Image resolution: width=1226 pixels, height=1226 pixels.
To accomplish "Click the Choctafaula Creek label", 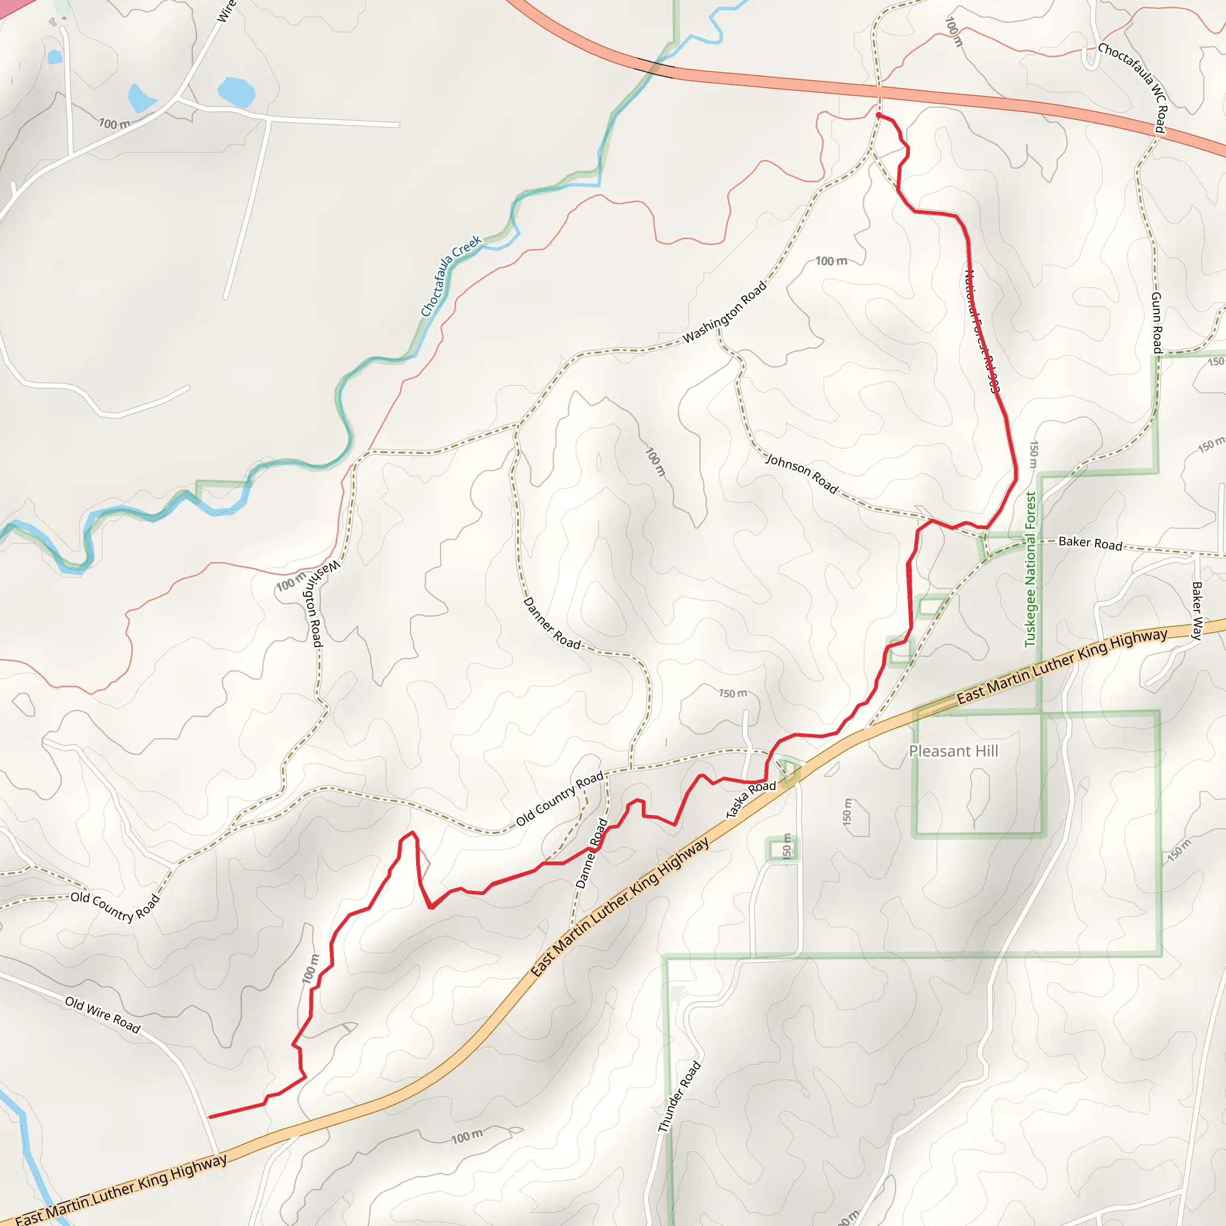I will pyautogui.click(x=451, y=276).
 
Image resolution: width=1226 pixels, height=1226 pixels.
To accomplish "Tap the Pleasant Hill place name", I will pyautogui.click(x=953, y=751).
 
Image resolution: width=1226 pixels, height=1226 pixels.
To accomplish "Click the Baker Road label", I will pyautogui.click(x=1090, y=543).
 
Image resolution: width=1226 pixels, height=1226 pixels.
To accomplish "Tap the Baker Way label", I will pyautogui.click(x=1197, y=611).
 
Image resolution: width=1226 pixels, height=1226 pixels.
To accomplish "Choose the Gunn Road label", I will pyautogui.click(x=1157, y=323).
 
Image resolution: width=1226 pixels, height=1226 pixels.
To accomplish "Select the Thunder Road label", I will pyautogui.click(x=679, y=1096).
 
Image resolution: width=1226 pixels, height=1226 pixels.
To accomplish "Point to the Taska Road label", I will pyautogui.click(x=751, y=799).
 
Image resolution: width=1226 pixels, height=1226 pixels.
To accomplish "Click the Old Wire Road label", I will pyautogui.click(x=103, y=1014).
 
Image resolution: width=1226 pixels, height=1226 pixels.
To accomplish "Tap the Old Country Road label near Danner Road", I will pyautogui.click(x=560, y=799).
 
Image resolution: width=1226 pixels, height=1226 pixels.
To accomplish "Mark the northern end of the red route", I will pyautogui.click(x=878, y=116).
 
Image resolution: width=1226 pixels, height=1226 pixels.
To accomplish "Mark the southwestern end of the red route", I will pyautogui.click(x=210, y=1116).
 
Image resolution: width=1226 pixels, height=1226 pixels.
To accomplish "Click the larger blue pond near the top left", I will pyautogui.click(x=236, y=92).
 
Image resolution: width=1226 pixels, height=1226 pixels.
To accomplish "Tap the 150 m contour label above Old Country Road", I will pyautogui.click(x=733, y=694).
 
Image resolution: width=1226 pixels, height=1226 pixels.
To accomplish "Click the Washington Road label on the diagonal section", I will pyautogui.click(x=725, y=311).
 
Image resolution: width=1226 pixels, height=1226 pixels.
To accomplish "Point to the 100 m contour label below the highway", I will pyautogui.click(x=467, y=1137).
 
